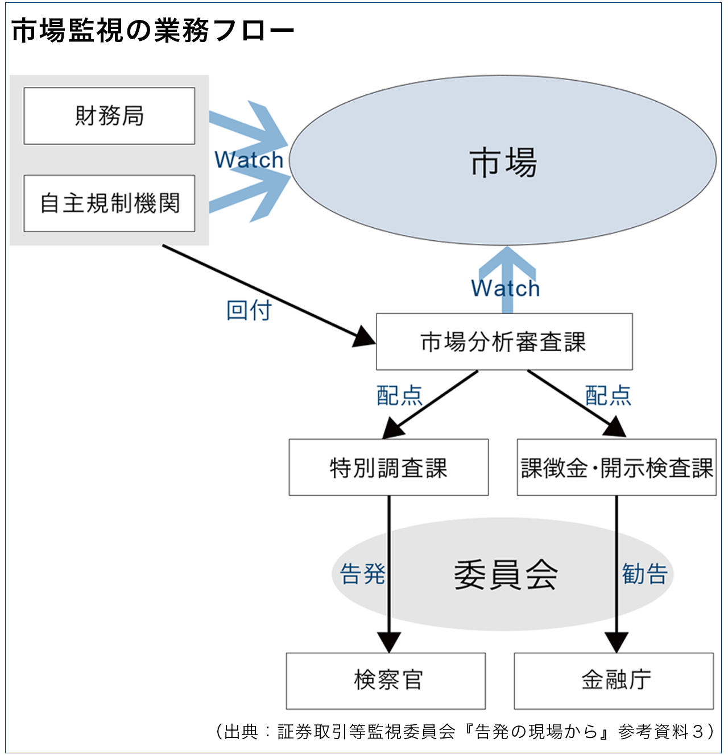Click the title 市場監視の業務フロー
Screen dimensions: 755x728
(152, 30)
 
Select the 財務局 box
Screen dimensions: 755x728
(109, 116)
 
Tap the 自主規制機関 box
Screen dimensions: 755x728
(109, 203)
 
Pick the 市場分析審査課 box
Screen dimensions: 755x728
(504, 341)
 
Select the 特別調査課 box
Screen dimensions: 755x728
(388, 468)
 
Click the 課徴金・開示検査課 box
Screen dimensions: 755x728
(617, 468)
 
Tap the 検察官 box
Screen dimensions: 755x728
(386, 681)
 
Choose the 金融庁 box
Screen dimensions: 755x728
(614, 681)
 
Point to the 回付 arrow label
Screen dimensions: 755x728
(249, 310)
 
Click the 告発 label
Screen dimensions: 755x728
(362, 574)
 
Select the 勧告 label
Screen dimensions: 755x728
(644, 574)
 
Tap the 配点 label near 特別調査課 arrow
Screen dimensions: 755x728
(399, 395)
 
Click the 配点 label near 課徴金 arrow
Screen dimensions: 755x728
(608, 395)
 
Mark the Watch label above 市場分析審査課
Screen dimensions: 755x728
(505, 288)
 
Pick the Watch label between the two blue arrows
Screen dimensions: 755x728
(249, 160)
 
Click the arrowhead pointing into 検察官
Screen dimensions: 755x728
(389, 643)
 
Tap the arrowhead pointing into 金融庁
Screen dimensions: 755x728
(617, 643)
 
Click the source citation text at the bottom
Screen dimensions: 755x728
(465, 731)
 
